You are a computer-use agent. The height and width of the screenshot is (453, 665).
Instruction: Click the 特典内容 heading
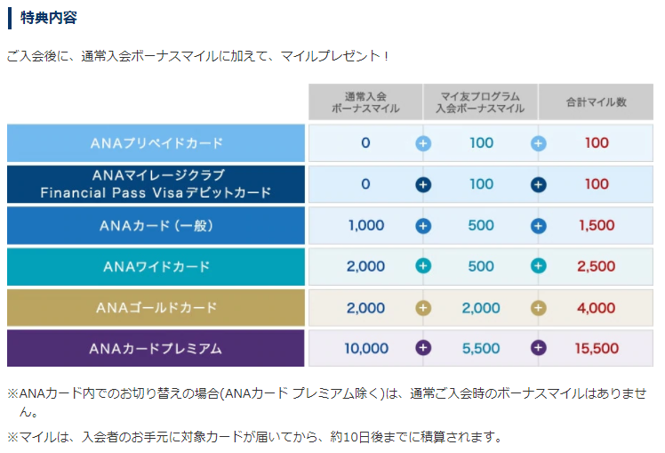click(x=50, y=18)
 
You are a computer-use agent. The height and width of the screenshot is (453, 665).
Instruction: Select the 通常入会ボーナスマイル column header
click(x=365, y=102)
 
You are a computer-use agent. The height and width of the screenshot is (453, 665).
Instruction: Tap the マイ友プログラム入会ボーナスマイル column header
click(x=480, y=102)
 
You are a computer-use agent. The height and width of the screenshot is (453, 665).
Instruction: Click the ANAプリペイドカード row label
click(x=156, y=142)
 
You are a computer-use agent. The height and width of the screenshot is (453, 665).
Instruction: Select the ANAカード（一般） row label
click(x=156, y=225)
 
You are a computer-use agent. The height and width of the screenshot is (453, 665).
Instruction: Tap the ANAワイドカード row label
click(x=156, y=266)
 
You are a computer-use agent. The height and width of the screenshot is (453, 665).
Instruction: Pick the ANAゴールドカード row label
click(x=156, y=308)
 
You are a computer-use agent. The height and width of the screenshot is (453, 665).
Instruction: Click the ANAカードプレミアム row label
click(x=156, y=349)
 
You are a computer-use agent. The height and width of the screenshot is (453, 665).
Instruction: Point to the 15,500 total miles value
click(x=597, y=349)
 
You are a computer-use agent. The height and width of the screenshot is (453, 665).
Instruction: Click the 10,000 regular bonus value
click(x=365, y=349)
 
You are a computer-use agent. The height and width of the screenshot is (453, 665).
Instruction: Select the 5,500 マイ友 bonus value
click(x=481, y=349)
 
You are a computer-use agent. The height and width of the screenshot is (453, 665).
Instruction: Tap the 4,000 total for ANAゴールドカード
click(x=597, y=308)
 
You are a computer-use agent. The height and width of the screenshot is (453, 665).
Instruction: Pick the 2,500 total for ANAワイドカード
click(x=597, y=266)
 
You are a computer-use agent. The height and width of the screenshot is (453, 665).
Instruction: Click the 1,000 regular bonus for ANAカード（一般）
click(x=365, y=225)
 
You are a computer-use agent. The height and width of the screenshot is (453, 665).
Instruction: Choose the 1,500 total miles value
click(x=597, y=225)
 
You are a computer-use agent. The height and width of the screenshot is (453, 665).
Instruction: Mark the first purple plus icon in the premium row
click(x=423, y=349)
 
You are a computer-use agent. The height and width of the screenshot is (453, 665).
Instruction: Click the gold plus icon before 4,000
click(x=538, y=308)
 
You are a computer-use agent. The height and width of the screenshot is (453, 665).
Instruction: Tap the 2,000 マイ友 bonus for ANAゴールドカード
click(x=481, y=308)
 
